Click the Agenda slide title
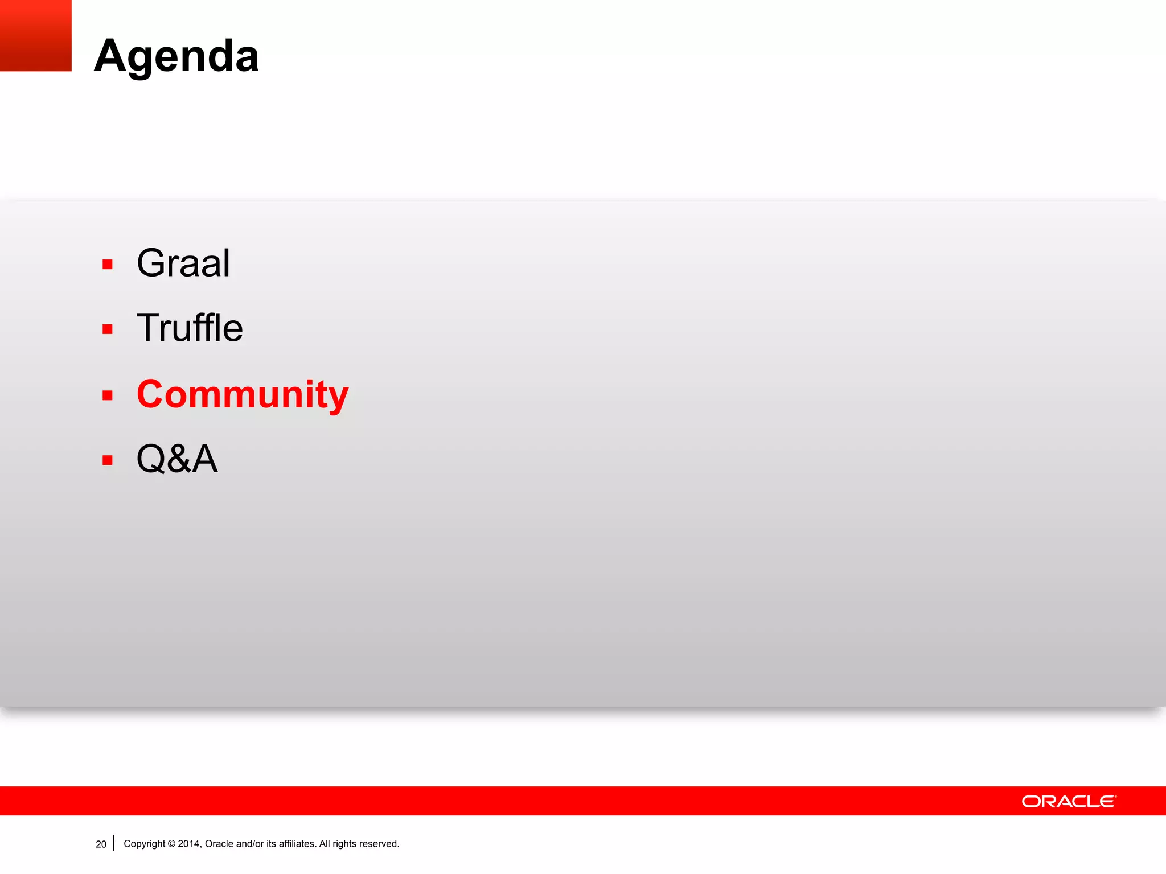click(176, 56)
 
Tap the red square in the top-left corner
click(35, 35)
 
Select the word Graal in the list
click(183, 263)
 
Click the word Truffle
click(190, 328)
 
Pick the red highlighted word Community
click(243, 394)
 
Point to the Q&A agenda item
click(177, 459)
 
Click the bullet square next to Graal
click(108, 264)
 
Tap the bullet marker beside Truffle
click(108, 329)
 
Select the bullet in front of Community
click(108, 395)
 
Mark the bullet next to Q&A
click(108, 460)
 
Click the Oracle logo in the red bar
click(1069, 801)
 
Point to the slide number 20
click(101, 844)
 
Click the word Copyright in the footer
click(144, 844)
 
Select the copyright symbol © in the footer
click(171, 844)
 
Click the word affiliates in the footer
click(297, 844)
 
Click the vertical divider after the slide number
click(114, 843)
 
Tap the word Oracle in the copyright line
click(219, 844)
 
